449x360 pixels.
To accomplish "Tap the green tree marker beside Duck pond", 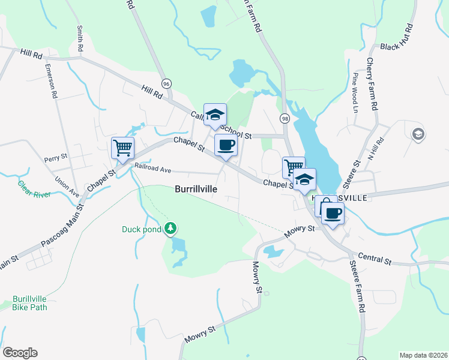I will pyautogui.click(x=171, y=228).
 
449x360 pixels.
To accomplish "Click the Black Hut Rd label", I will pyautogui.click(x=397, y=38).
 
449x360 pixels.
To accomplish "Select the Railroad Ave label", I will pyautogui.click(x=153, y=169).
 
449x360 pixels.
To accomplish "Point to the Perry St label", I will pyautogui.click(x=56, y=158).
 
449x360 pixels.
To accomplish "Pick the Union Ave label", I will pyautogui.click(x=67, y=186).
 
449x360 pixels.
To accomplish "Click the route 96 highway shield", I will pyautogui.click(x=166, y=83).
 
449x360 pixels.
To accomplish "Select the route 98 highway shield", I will pyautogui.click(x=285, y=119).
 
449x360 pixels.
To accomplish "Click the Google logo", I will pyautogui.click(x=20, y=353).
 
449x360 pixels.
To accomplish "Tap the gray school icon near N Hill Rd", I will pyautogui.click(x=418, y=134).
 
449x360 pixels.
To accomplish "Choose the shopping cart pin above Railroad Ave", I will pyautogui.click(x=122, y=146).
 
